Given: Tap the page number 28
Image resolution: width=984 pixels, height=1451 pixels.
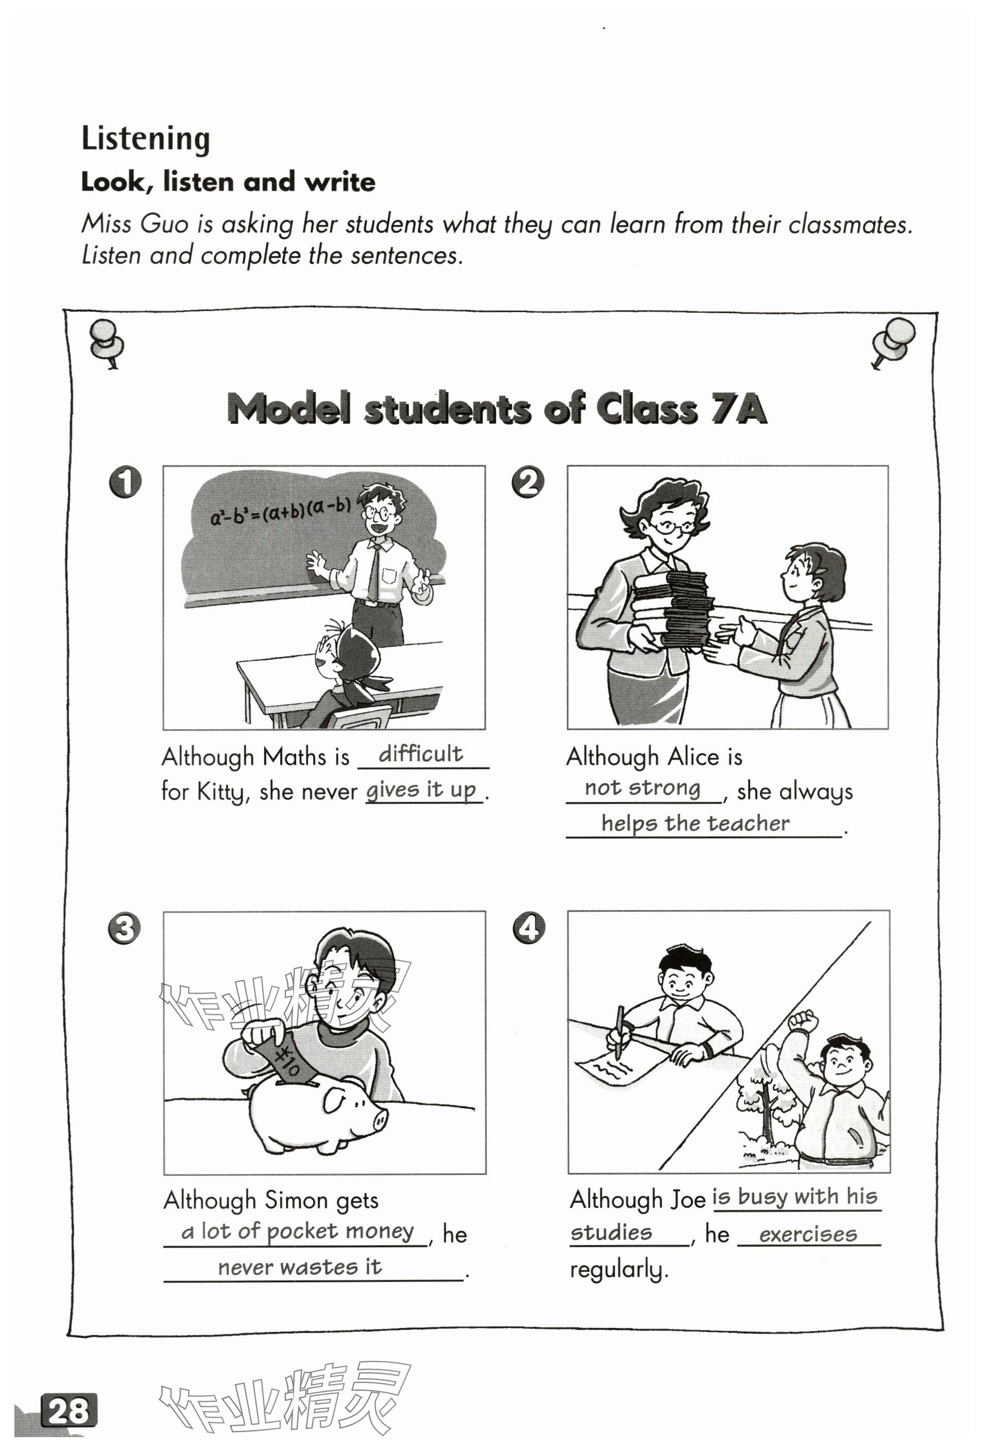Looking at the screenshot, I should (69, 1410).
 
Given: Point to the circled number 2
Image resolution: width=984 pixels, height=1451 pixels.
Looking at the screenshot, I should (528, 482).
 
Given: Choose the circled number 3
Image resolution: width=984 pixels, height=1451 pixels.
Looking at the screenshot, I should (124, 928).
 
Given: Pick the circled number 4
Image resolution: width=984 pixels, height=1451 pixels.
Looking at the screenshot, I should (528, 928).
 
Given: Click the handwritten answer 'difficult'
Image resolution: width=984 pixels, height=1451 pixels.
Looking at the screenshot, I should (420, 754).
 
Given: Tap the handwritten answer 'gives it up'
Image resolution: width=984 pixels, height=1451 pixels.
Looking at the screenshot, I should (421, 789).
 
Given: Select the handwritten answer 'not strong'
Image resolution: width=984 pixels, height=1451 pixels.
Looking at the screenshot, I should (642, 788).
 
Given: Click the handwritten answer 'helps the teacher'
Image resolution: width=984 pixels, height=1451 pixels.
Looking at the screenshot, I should (695, 823).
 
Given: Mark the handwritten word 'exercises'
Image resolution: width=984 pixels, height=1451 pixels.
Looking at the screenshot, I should (808, 1234).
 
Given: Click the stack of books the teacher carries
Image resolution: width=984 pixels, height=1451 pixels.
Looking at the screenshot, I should (674, 609).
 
